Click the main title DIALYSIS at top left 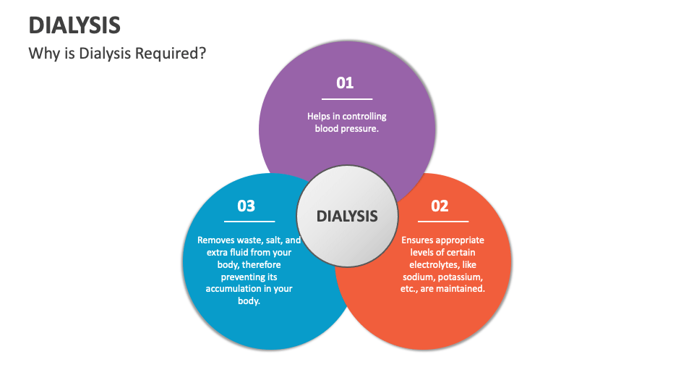(x=74, y=25)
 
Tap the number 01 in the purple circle (x=346, y=83)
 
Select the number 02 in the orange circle (x=440, y=206)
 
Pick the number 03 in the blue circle (x=247, y=206)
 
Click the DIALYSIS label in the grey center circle (x=347, y=216)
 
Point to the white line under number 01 (x=347, y=98)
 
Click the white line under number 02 (x=442, y=222)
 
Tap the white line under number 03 (x=249, y=222)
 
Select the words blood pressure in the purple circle (x=347, y=128)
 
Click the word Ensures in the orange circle (x=419, y=240)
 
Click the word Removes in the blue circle (x=215, y=240)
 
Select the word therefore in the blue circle (x=267, y=264)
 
